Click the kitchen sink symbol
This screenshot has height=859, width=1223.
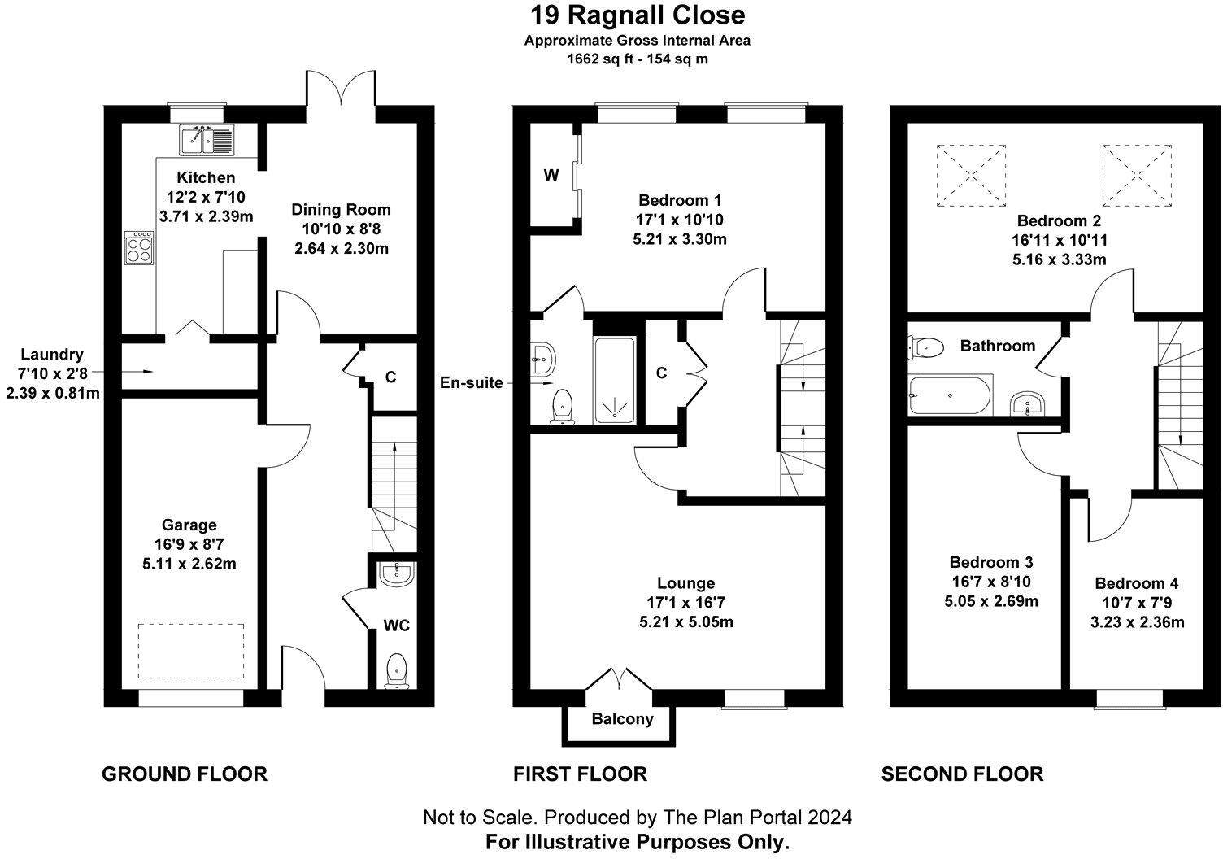point(207,139)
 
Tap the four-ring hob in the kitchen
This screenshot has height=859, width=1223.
point(138,247)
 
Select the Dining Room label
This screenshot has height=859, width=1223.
point(342,210)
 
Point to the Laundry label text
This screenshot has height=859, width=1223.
point(52,355)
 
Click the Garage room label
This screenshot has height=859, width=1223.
point(189,525)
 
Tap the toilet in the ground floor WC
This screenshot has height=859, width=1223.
point(396,670)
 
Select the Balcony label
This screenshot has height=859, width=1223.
point(622,719)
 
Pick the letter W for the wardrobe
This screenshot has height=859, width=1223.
point(551,175)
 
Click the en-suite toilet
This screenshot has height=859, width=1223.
point(561,407)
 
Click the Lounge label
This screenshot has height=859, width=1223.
point(686,583)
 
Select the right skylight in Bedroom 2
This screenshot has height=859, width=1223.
point(1137,175)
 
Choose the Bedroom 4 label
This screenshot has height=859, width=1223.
point(1136,583)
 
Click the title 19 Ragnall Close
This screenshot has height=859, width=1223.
point(638,15)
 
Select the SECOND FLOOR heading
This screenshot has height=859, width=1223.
point(962,774)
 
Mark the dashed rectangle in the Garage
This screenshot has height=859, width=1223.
point(191,651)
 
